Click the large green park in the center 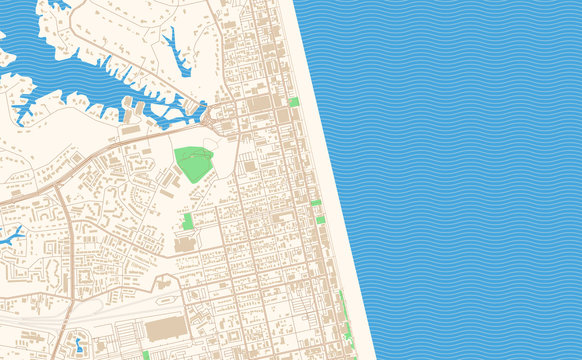[193, 163]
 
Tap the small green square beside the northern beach [293, 102]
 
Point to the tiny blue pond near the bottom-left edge [78, 345]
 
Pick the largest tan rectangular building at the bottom [165, 329]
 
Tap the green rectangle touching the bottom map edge [146, 355]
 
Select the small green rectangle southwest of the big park [187, 220]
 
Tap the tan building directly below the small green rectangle [185, 243]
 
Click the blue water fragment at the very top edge [60, 4]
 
